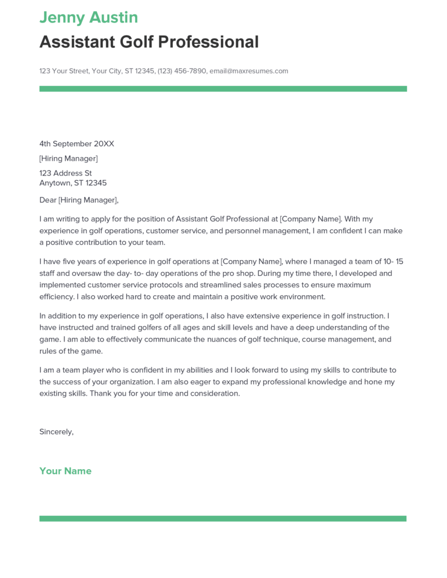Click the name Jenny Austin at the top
pyautogui.click(x=88, y=17)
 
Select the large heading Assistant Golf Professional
pyautogui.click(x=149, y=42)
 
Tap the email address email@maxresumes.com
pyautogui.click(x=249, y=71)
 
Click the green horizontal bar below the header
pyautogui.click(x=223, y=89)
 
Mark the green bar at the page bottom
pyautogui.click(x=223, y=518)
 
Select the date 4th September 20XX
pyautogui.click(x=76, y=144)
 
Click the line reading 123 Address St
pyautogui.click(x=66, y=173)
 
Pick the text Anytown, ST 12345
pyautogui.click(x=73, y=183)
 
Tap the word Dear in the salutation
pyautogui.click(x=48, y=200)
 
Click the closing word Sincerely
pyautogui.click(x=56, y=432)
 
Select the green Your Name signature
pyautogui.click(x=65, y=471)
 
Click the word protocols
pyautogui.click(x=170, y=285)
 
